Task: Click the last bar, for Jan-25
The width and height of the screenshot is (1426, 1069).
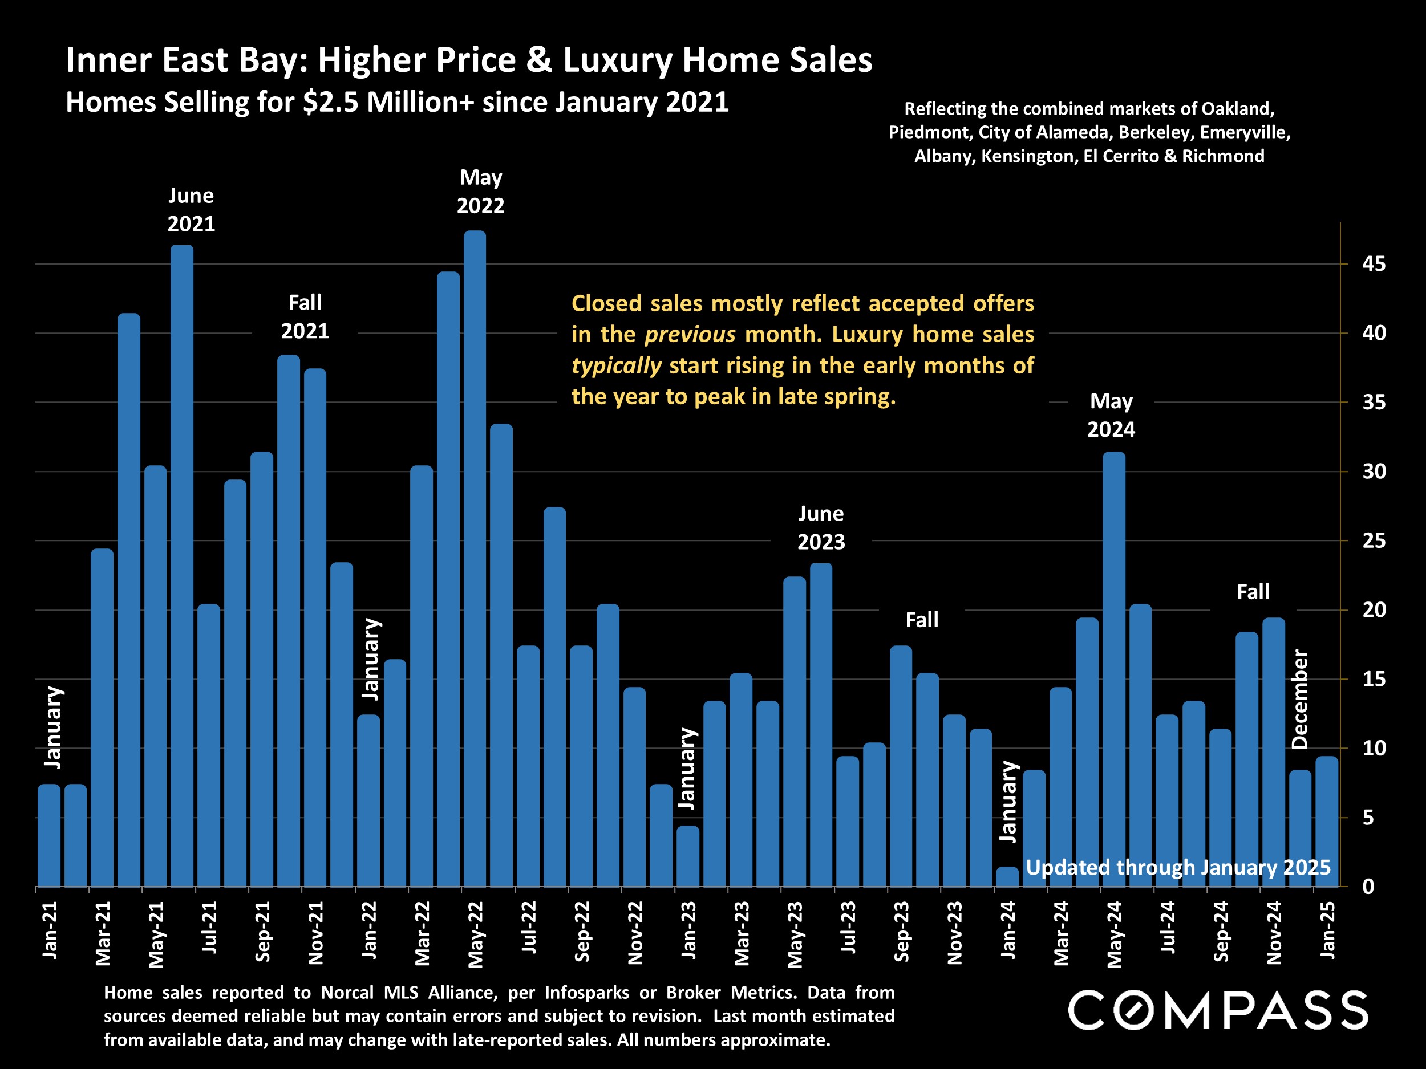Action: tap(1327, 822)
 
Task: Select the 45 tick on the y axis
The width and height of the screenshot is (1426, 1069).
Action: tap(1373, 264)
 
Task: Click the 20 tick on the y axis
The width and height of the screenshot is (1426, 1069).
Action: tap(1373, 609)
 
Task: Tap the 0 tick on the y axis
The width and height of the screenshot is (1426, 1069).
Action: tap(1368, 887)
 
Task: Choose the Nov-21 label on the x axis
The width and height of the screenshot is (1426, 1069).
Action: tap(315, 932)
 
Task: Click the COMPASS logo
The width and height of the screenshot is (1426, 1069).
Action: tap(1218, 1010)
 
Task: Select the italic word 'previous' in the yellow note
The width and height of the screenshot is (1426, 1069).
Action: tap(690, 335)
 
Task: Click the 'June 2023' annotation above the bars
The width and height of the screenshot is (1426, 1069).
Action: tap(821, 528)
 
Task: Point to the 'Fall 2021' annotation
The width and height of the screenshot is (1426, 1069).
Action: tap(305, 317)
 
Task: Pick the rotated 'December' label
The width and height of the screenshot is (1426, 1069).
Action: tap(1299, 699)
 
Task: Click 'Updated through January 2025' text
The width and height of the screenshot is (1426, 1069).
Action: tap(1178, 867)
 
